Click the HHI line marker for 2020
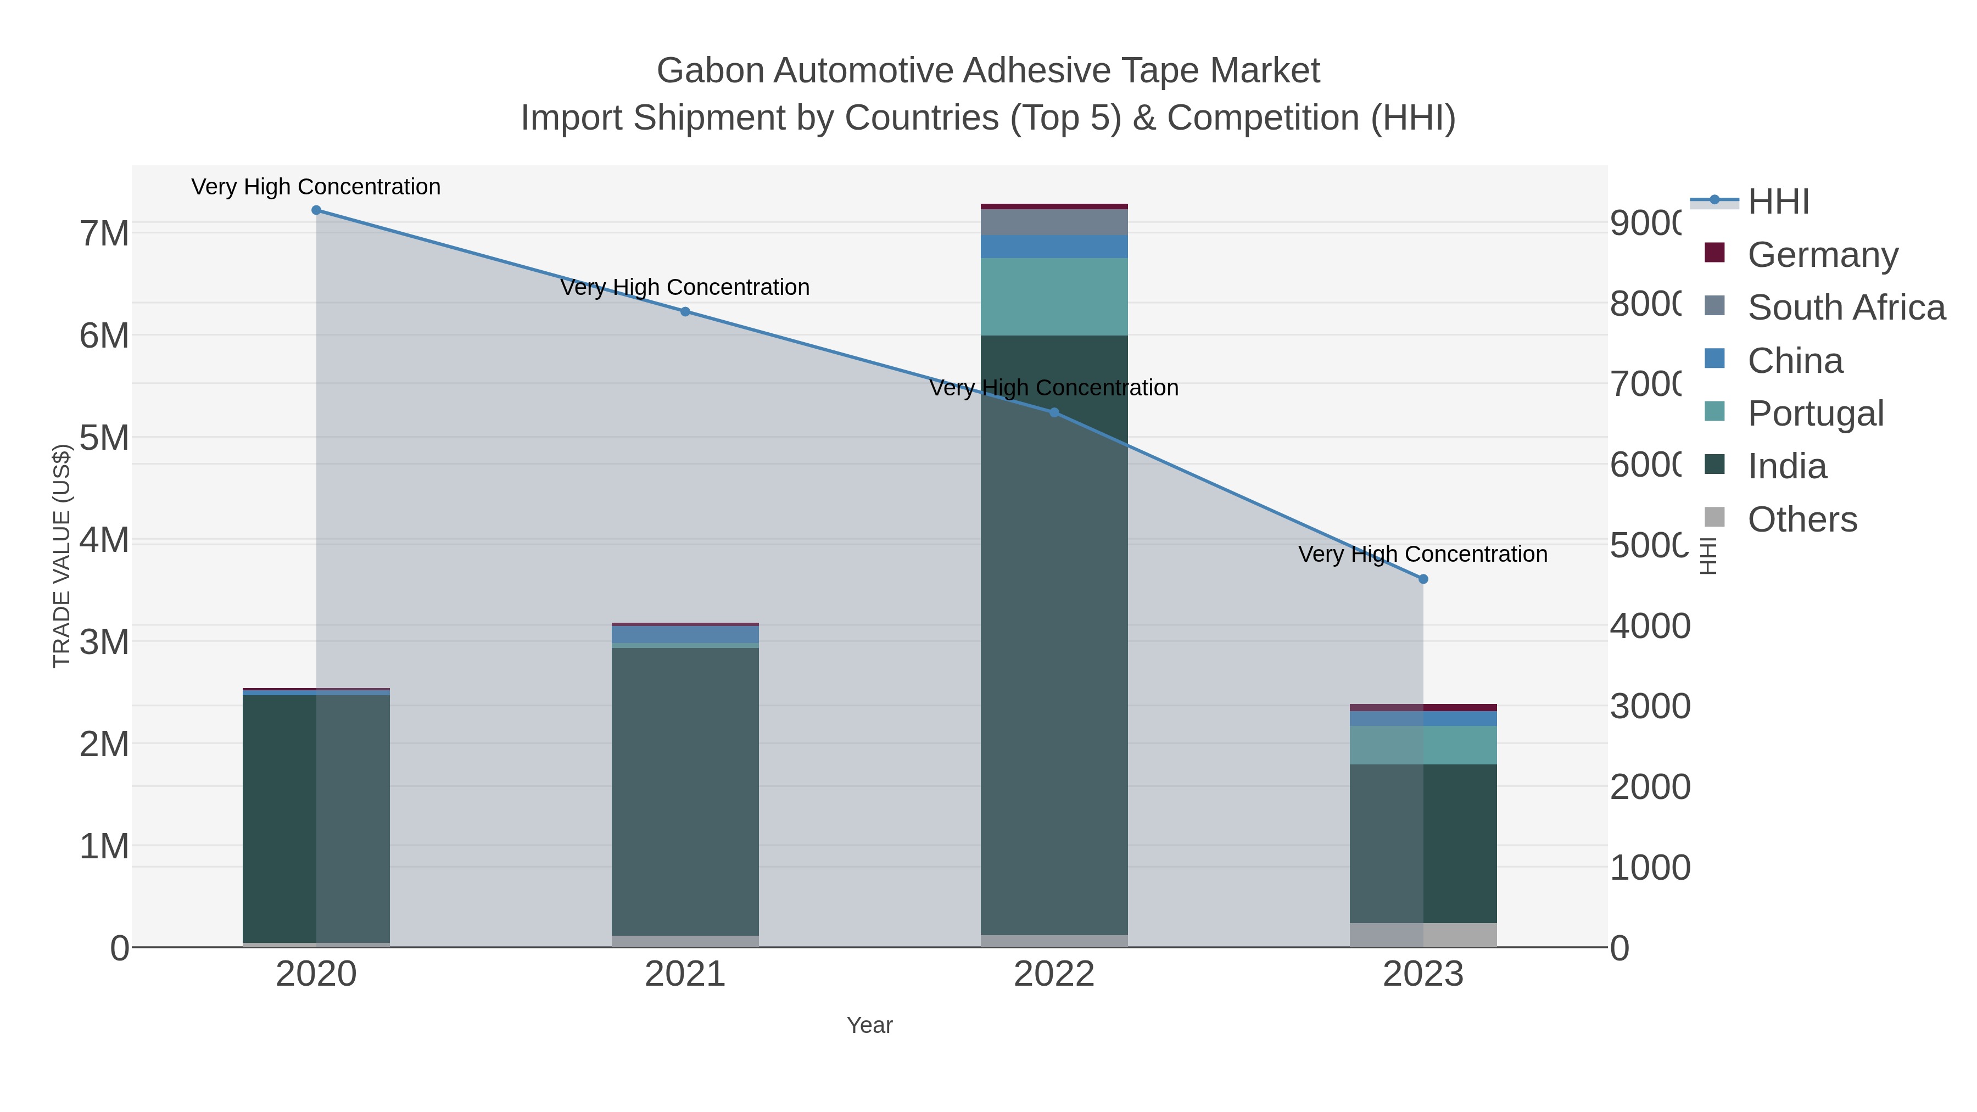(316, 210)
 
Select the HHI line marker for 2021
(685, 311)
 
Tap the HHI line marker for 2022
(1054, 413)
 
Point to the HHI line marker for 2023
(1423, 579)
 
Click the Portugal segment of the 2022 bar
(1054, 297)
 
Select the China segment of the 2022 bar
(1054, 247)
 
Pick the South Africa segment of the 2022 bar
(1054, 222)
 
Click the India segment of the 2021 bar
(685, 790)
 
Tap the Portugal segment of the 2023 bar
(1423, 745)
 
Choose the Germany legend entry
(1823, 254)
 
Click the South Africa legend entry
(1846, 307)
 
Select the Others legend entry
(1802, 519)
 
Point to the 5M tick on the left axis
(104, 438)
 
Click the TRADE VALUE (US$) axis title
(62, 556)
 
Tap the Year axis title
(869, 1025)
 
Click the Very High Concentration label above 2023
(1423, 554)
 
